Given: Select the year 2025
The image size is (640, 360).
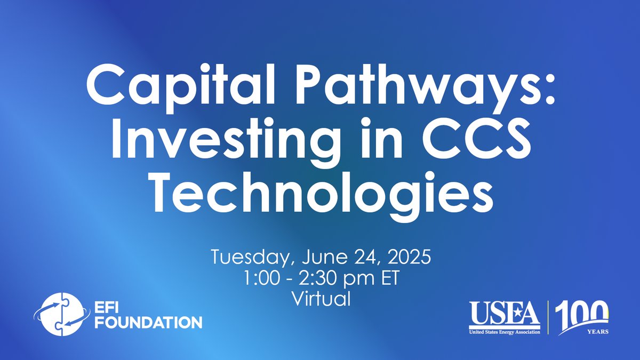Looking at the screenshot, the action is point(409,257).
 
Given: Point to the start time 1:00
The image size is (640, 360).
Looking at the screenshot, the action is point(262,278).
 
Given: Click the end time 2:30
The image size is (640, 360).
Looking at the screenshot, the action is point(317,278).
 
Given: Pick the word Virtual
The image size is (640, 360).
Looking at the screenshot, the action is point(321,299).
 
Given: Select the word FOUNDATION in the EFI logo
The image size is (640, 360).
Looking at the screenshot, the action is point(148,323).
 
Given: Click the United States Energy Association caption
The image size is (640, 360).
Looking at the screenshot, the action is point(505,332).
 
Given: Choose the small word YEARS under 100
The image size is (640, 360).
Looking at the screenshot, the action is point(598,332).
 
